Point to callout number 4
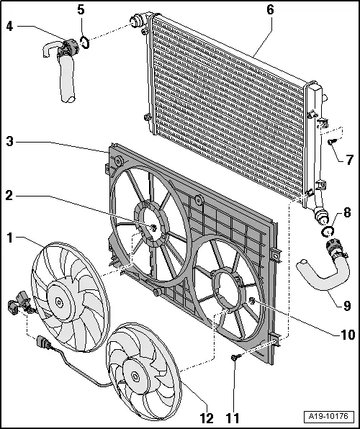[x=9, y=27]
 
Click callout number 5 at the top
[x=81, y=10]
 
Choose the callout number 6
[x=271, y=10]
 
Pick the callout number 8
[x=348, y=212]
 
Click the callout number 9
[x=347, y=305]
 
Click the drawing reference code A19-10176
[x=328, y=415]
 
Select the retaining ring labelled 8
[x=328, y=232]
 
